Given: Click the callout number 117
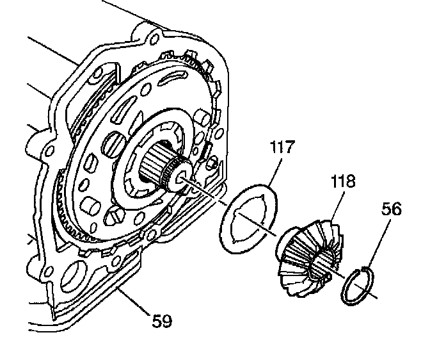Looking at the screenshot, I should click(x=281, y=148).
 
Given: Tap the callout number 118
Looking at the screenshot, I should click(x=343, y=181).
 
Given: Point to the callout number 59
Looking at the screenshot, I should click(x=163, y=320).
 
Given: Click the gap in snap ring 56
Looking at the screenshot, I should click(x=364, y=269).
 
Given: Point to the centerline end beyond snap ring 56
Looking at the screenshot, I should click(x=374, y=298).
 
